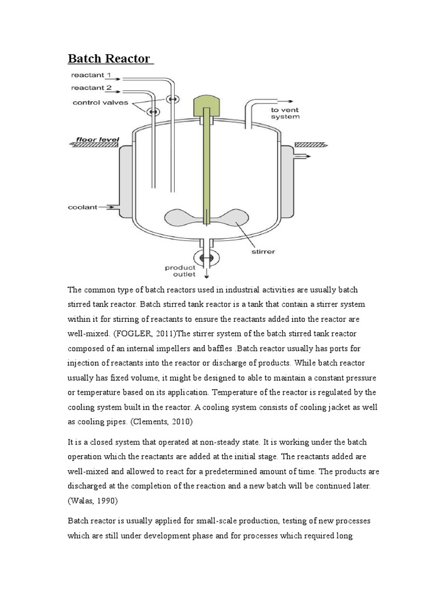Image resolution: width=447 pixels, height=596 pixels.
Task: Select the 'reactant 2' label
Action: [x=91, y=88]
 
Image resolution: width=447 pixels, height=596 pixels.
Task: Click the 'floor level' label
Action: [x=94, y=140]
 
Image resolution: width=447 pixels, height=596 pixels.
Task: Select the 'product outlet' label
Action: [x=180, y=271]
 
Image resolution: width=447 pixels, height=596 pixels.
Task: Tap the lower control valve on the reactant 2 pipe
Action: [x=152, y=111]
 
